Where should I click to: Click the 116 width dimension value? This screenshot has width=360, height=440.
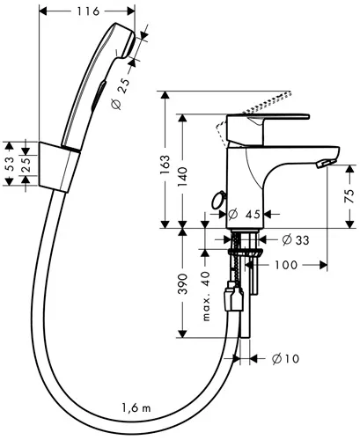(x=88, y=11)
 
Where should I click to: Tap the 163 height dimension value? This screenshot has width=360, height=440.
(x=165, y=165)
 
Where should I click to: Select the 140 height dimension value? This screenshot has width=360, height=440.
(x=182, y=177)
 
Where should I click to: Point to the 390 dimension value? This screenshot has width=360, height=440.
(x=182, y=283)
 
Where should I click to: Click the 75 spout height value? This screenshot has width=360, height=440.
(x=349, y=196)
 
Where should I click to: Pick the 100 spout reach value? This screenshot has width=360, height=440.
(x=286, y=265)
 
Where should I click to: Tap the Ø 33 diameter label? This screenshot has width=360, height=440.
(x=296, y=240)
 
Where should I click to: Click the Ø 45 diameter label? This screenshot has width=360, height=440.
(x=244, y=215)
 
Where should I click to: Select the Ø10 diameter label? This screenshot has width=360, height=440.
(x=286, y=358)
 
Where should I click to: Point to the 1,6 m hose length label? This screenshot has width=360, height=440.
(x=136, y=407)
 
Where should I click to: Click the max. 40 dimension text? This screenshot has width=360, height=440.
(x=207, y=296)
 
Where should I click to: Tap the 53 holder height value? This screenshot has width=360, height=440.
(x=10, y=164)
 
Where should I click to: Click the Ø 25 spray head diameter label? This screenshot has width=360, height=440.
(x=121, y=94)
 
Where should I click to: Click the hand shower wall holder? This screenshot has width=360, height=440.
(x=59, y=167)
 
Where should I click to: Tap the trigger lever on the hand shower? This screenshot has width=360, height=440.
(x=99, y=96)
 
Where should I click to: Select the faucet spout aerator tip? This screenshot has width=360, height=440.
(x=325, y=163)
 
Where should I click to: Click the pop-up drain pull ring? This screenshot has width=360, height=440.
(x=217, y=200)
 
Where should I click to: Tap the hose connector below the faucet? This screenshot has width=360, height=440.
(x=233, y=297)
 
